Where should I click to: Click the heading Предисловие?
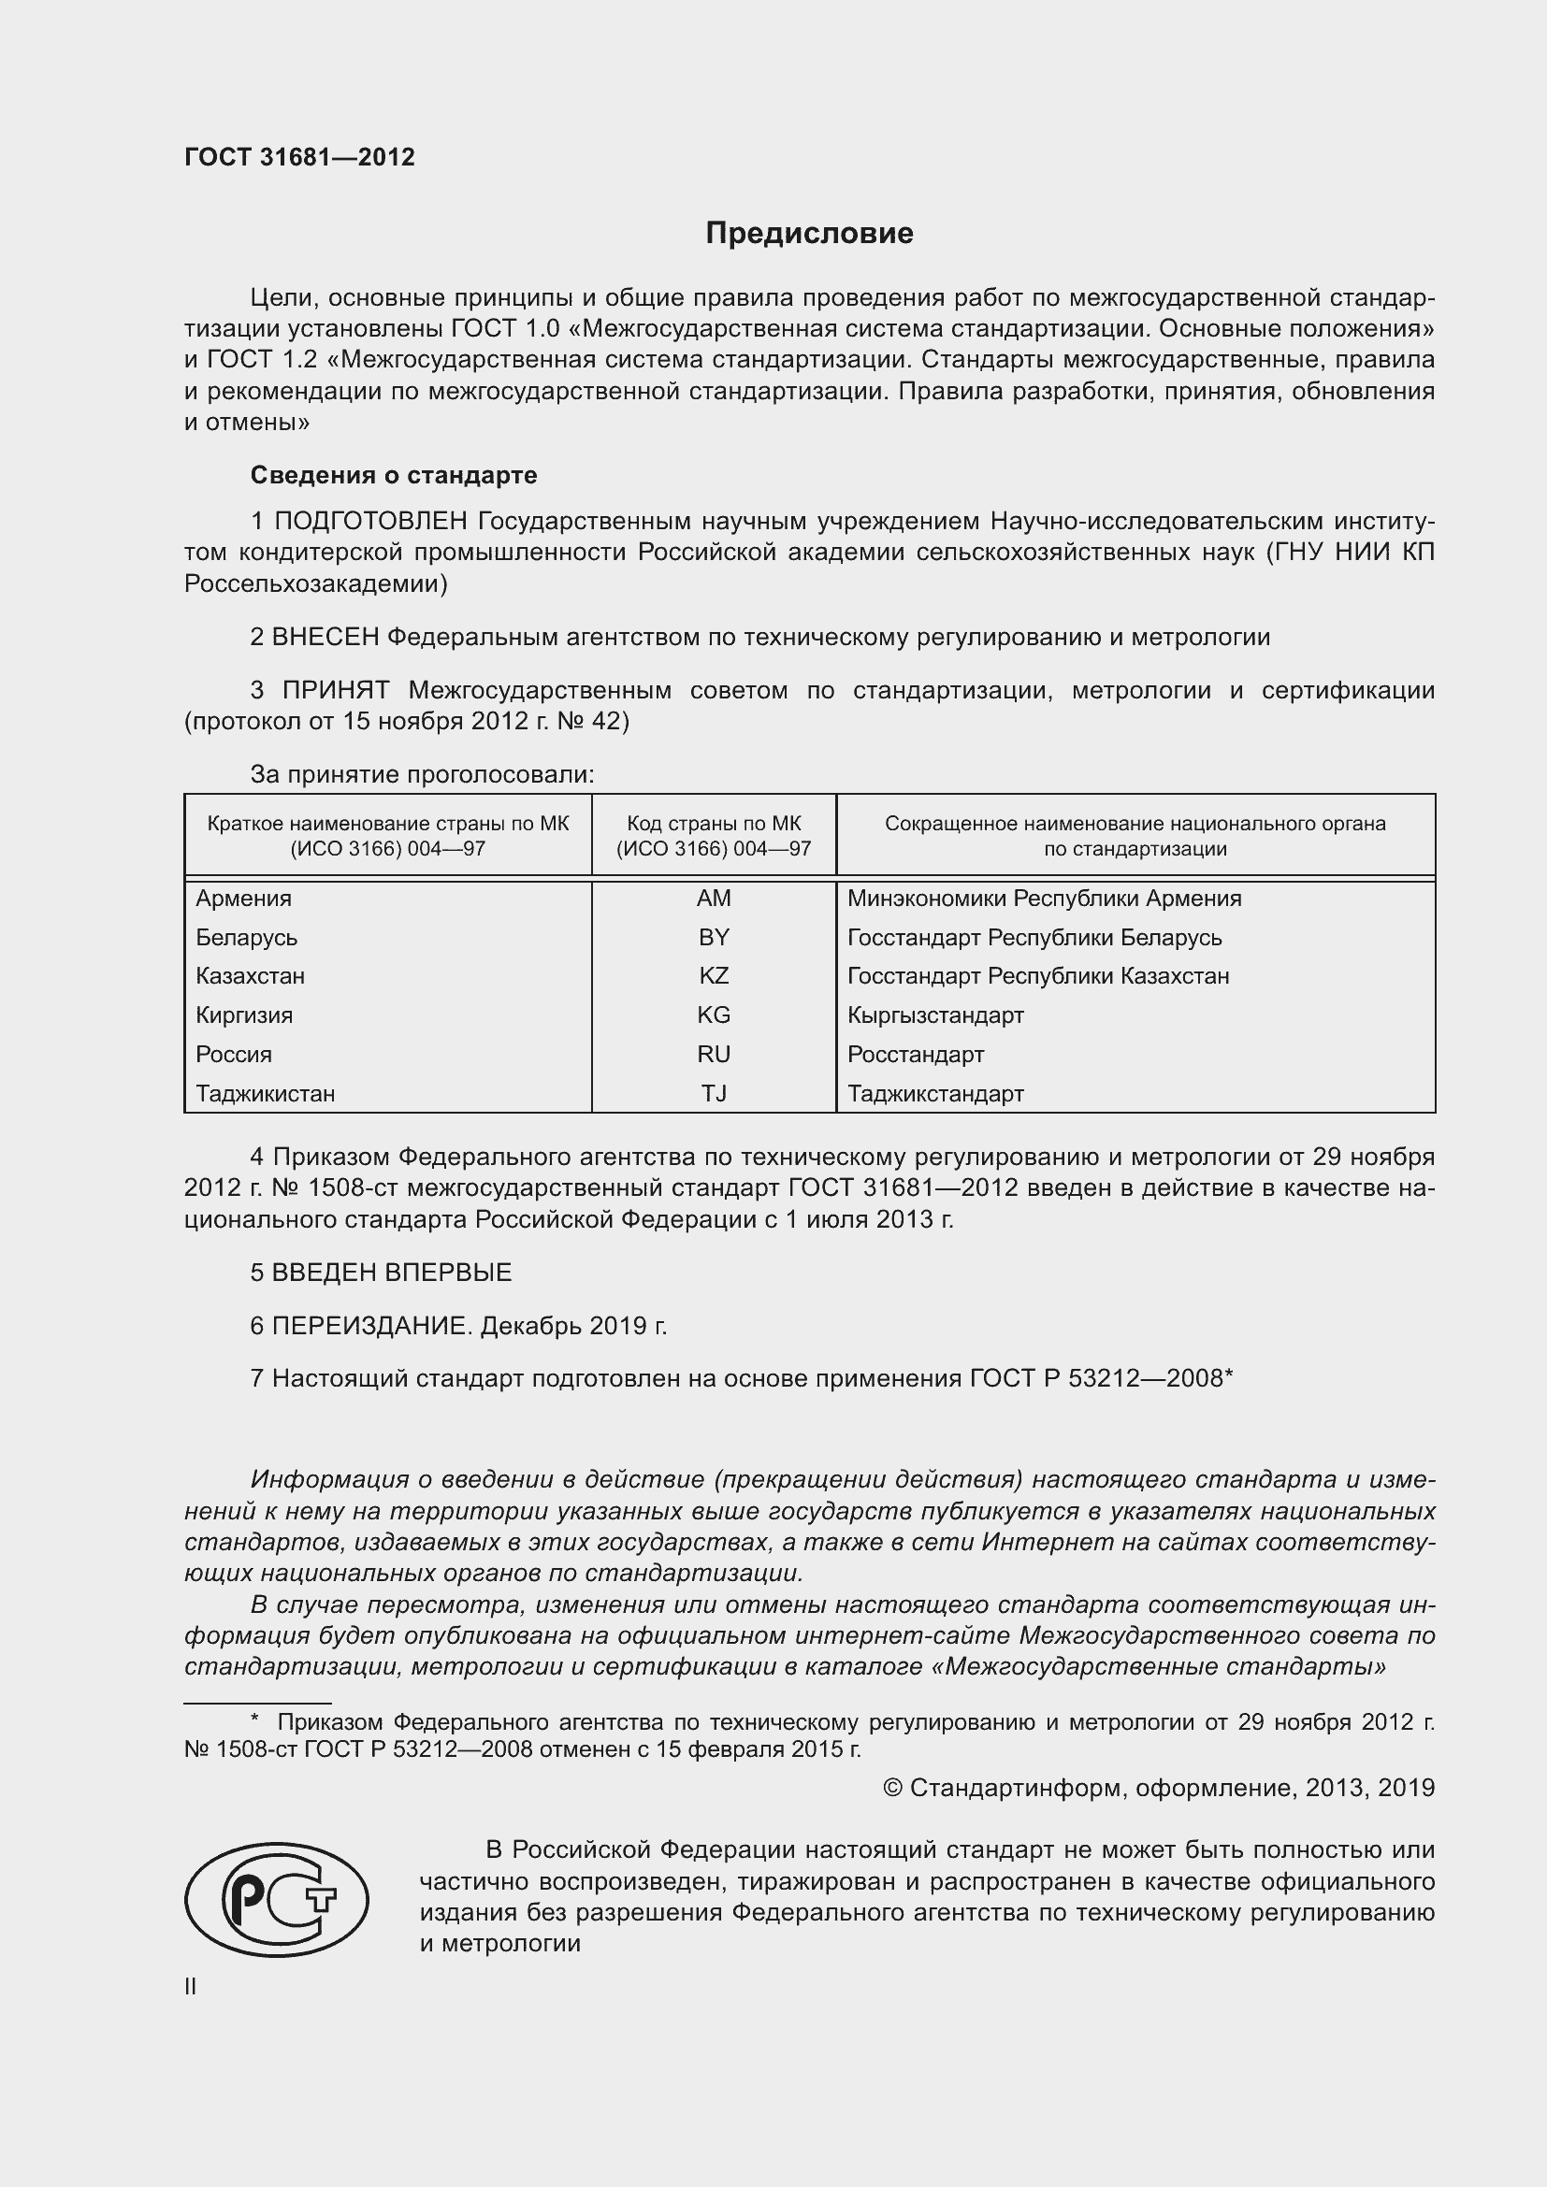click(809, 234)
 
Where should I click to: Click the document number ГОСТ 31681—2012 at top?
click(299, 157)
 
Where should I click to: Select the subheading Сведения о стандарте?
click(394, 474)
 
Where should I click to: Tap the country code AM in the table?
click(714, 899)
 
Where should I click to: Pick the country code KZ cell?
click(714, 975)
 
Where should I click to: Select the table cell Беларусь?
click(247, 937)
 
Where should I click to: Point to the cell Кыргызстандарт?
click(935, 1014)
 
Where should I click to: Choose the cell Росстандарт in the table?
click(916, 1054)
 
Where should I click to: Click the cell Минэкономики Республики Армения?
click(1044, 899)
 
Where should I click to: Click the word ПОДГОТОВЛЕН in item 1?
click(370, 521)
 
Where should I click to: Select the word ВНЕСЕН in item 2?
click(325, 637)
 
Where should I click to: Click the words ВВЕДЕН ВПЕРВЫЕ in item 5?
click(392, 1272)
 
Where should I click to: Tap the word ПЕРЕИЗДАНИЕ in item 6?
click(371, 1325)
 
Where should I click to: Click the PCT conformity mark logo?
click(276, 1898)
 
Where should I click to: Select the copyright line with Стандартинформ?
click(1158, 1787)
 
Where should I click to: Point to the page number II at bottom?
click(191, 1986)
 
